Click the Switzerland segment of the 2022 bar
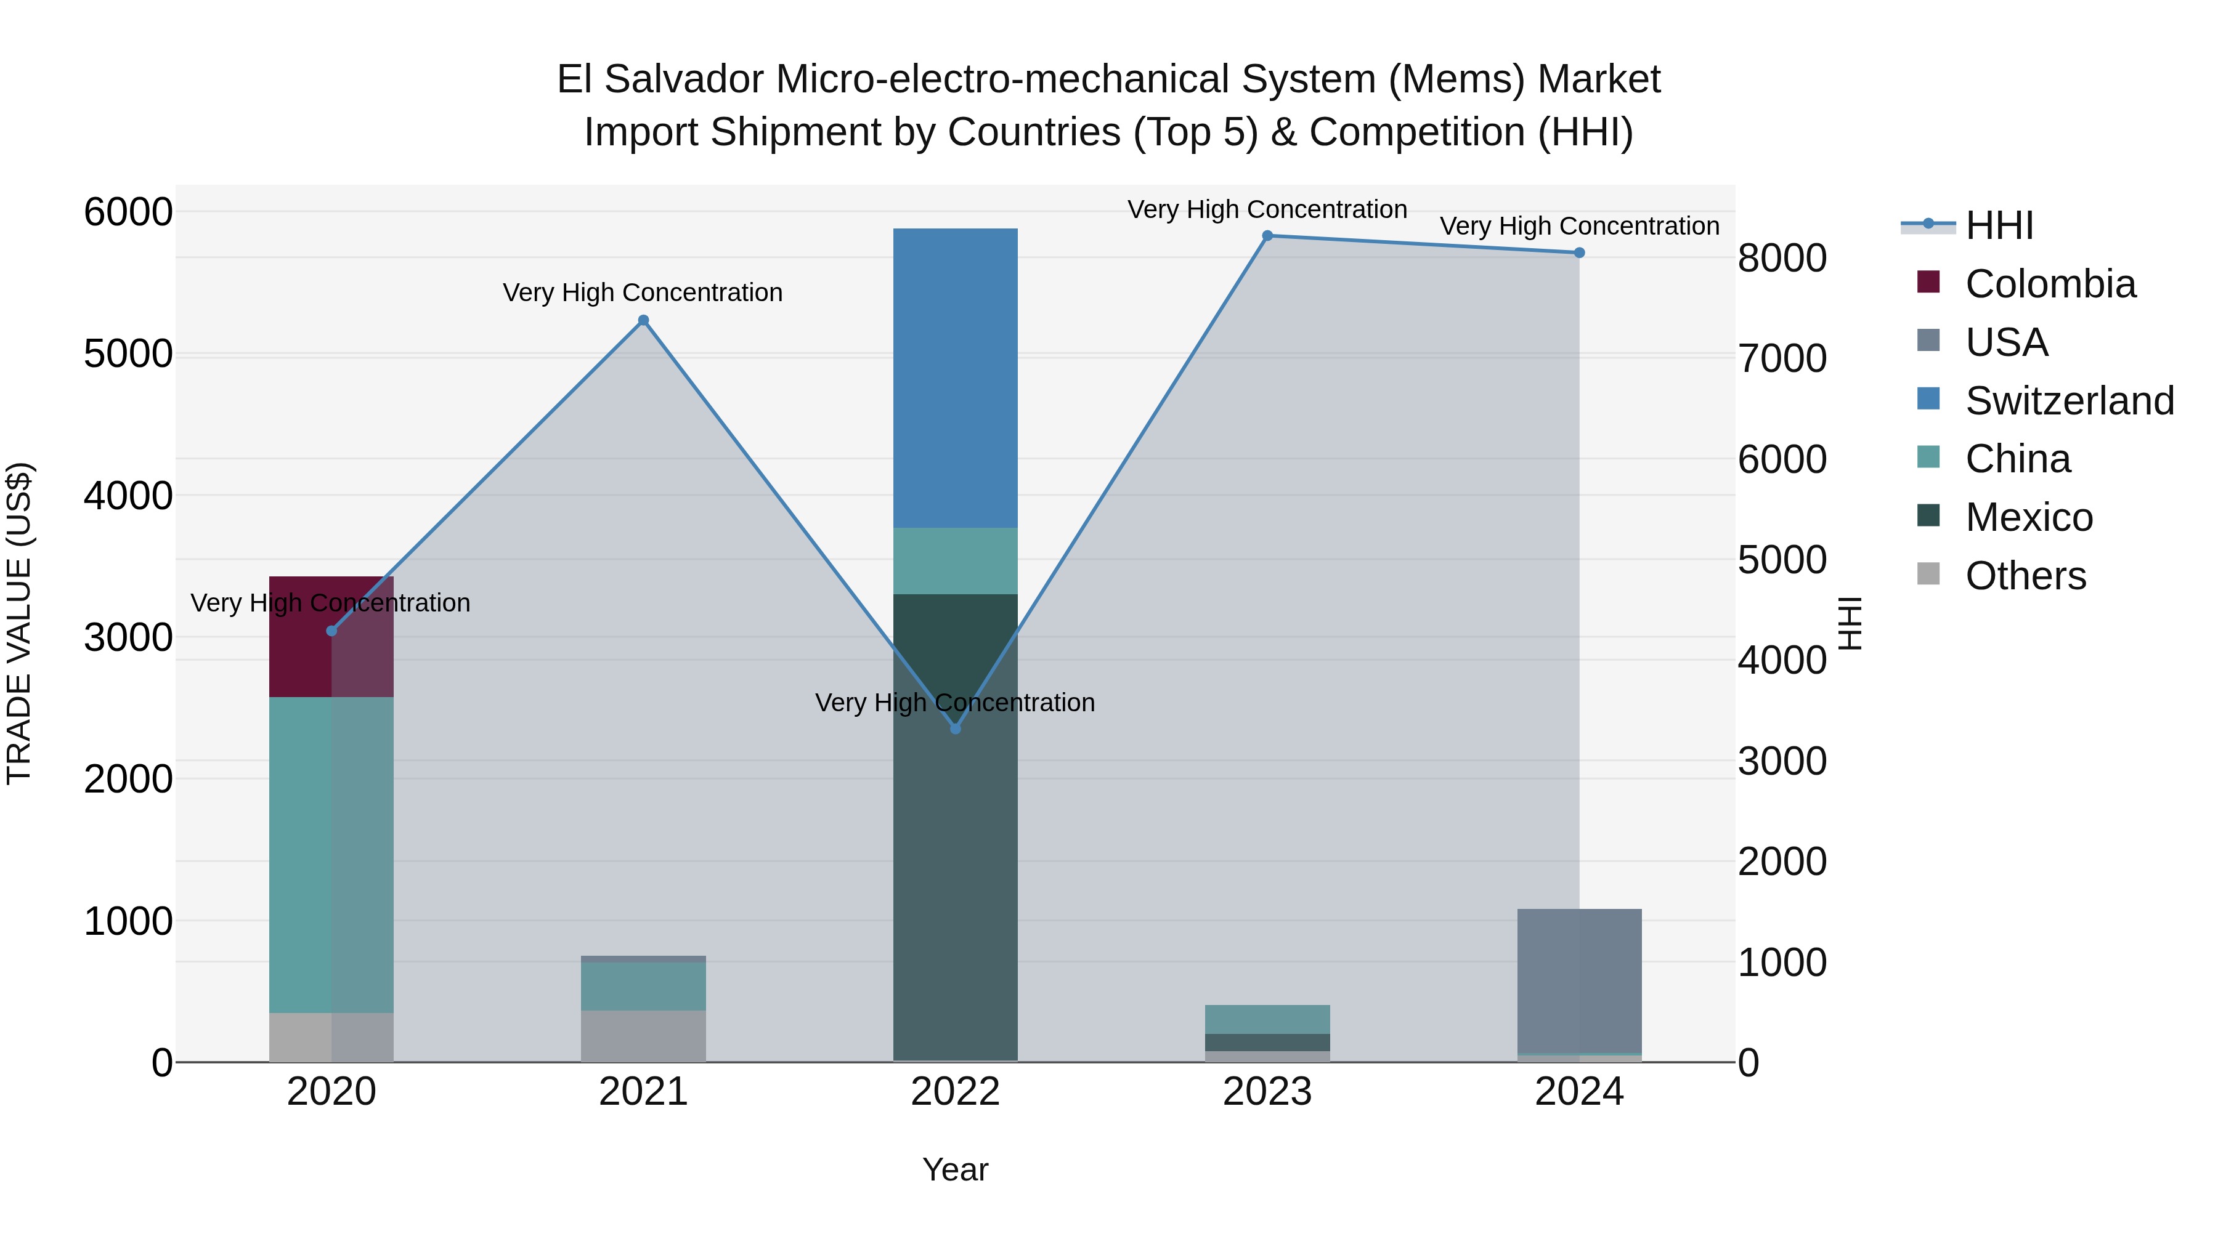955,378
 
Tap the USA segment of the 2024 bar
1579,980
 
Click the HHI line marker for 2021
643,321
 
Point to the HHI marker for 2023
1267,236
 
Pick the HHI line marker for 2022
955,728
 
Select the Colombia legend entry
2050,284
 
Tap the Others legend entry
2025,576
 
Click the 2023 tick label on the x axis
1267,1092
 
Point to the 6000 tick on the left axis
128,212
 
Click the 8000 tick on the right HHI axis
1781,258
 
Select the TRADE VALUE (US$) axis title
19,623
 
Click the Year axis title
955,1169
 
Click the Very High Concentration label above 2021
643,293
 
